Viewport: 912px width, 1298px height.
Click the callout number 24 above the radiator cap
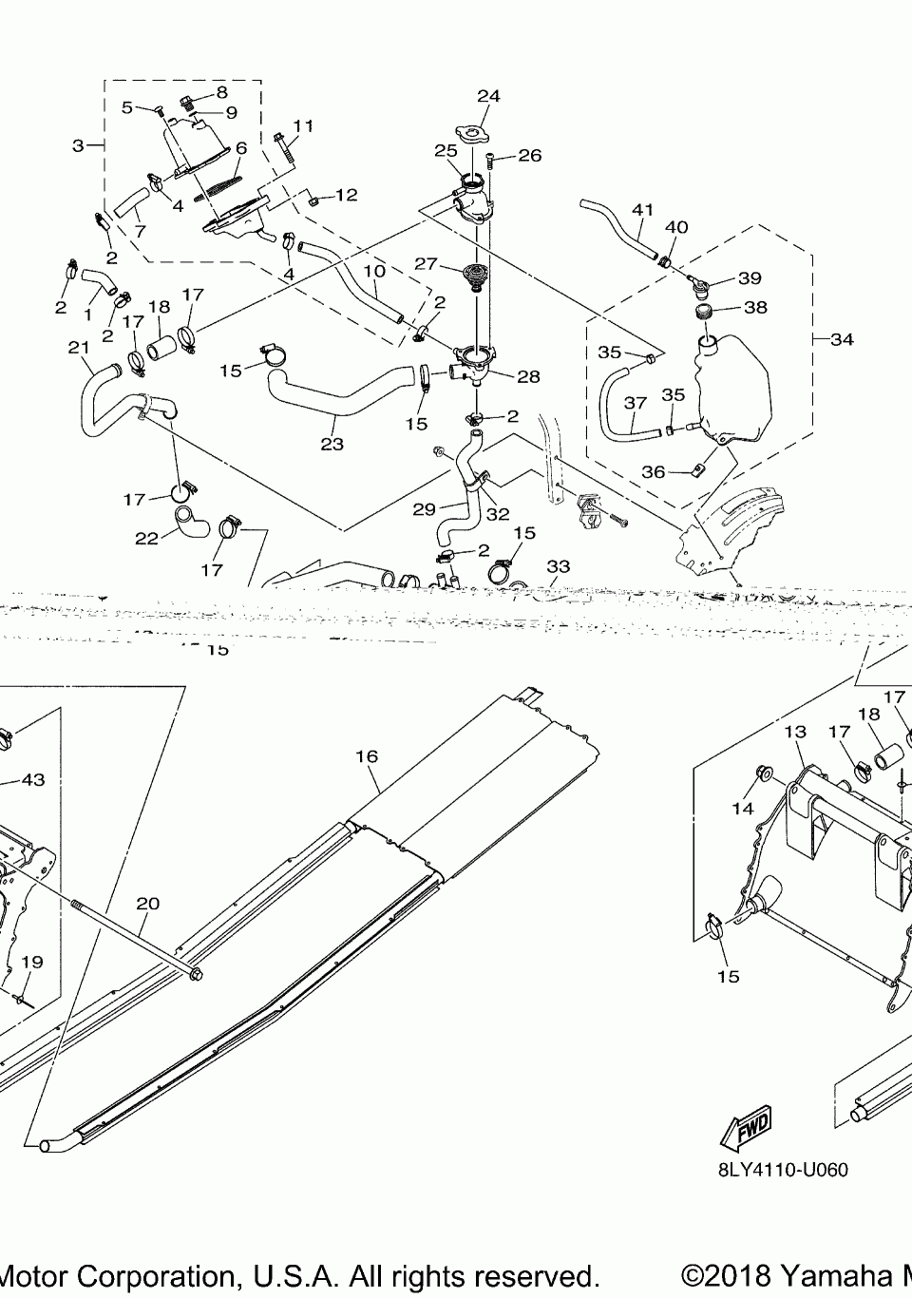(488, 96)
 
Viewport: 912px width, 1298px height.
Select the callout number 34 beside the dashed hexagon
(842, 339)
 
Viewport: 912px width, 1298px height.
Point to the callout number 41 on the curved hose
(643, 209)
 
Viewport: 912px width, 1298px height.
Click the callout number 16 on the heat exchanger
(367, 756)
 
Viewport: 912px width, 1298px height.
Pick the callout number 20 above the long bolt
(147, 904)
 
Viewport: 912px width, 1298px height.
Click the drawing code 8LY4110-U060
(783, 1170)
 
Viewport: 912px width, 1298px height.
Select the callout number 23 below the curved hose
(332, 444)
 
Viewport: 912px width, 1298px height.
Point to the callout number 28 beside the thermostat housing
(528, 376)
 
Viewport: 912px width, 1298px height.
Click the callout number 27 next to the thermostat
(424, 263)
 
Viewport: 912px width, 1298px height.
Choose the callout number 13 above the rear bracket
(795, 732)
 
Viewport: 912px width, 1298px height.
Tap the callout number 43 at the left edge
(32, 780)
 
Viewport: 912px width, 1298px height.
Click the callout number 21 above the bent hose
(78, 349)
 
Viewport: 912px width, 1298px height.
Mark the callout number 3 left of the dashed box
(78, 145)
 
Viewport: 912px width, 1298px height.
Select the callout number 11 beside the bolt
(303, 125)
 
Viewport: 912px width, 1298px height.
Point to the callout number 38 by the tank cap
(756, 307)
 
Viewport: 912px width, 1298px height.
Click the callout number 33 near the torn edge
(559, 566)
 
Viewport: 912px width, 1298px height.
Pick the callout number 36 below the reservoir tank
(654, 471)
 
